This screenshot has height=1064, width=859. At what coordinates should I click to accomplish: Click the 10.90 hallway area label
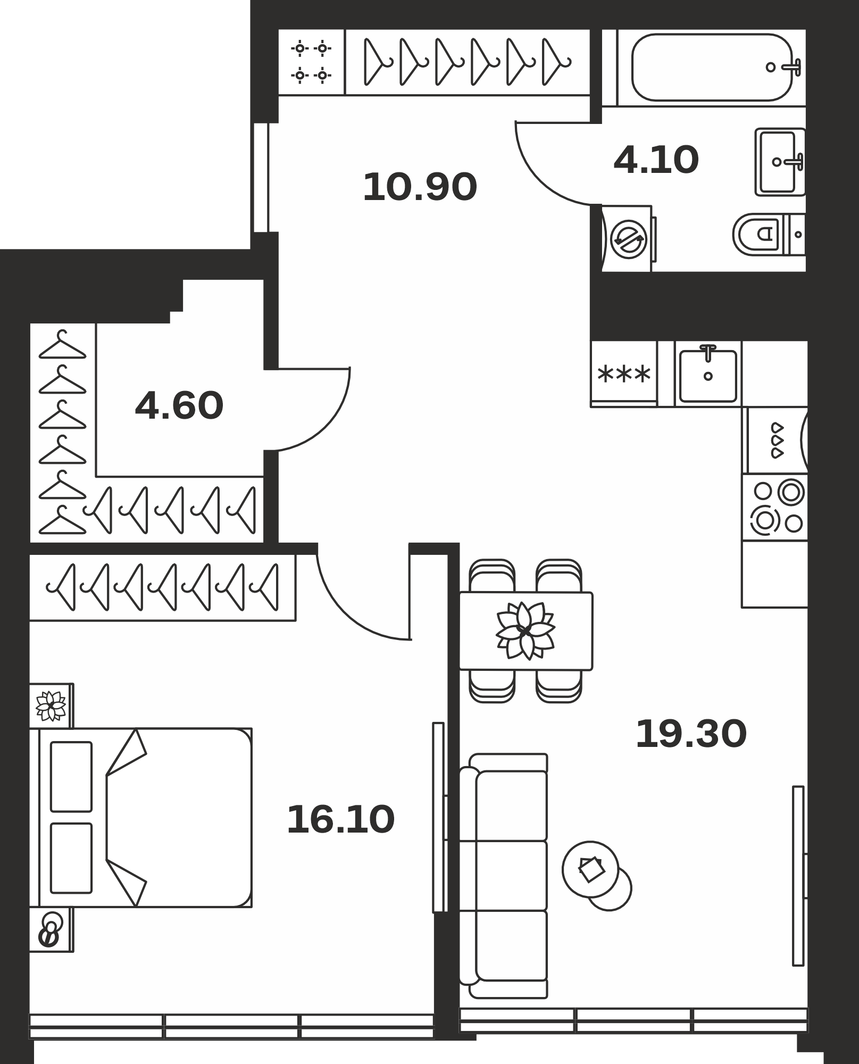420,187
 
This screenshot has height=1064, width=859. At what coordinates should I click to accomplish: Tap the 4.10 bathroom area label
656,160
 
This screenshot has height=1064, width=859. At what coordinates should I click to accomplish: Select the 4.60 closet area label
179,405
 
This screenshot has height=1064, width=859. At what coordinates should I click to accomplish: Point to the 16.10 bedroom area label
341,819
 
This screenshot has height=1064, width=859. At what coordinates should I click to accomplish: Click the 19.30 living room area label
691,734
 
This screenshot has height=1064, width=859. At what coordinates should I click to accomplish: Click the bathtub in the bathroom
712,68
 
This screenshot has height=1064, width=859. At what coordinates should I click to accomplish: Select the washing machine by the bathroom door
628,239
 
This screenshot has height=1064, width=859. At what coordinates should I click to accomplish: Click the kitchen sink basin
708,376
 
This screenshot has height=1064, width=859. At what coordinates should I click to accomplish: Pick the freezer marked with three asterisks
624,374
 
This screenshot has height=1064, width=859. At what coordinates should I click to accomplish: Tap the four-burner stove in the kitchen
775,508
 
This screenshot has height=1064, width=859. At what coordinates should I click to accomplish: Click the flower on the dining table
525,631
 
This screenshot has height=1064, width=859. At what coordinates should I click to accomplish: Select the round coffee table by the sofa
590,869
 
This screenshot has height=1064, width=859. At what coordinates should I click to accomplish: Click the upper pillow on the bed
71,777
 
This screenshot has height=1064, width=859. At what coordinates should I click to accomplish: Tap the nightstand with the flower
51,705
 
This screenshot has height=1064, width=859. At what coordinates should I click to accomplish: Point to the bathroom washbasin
780,162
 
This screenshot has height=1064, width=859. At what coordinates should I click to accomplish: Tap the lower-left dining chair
492,686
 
